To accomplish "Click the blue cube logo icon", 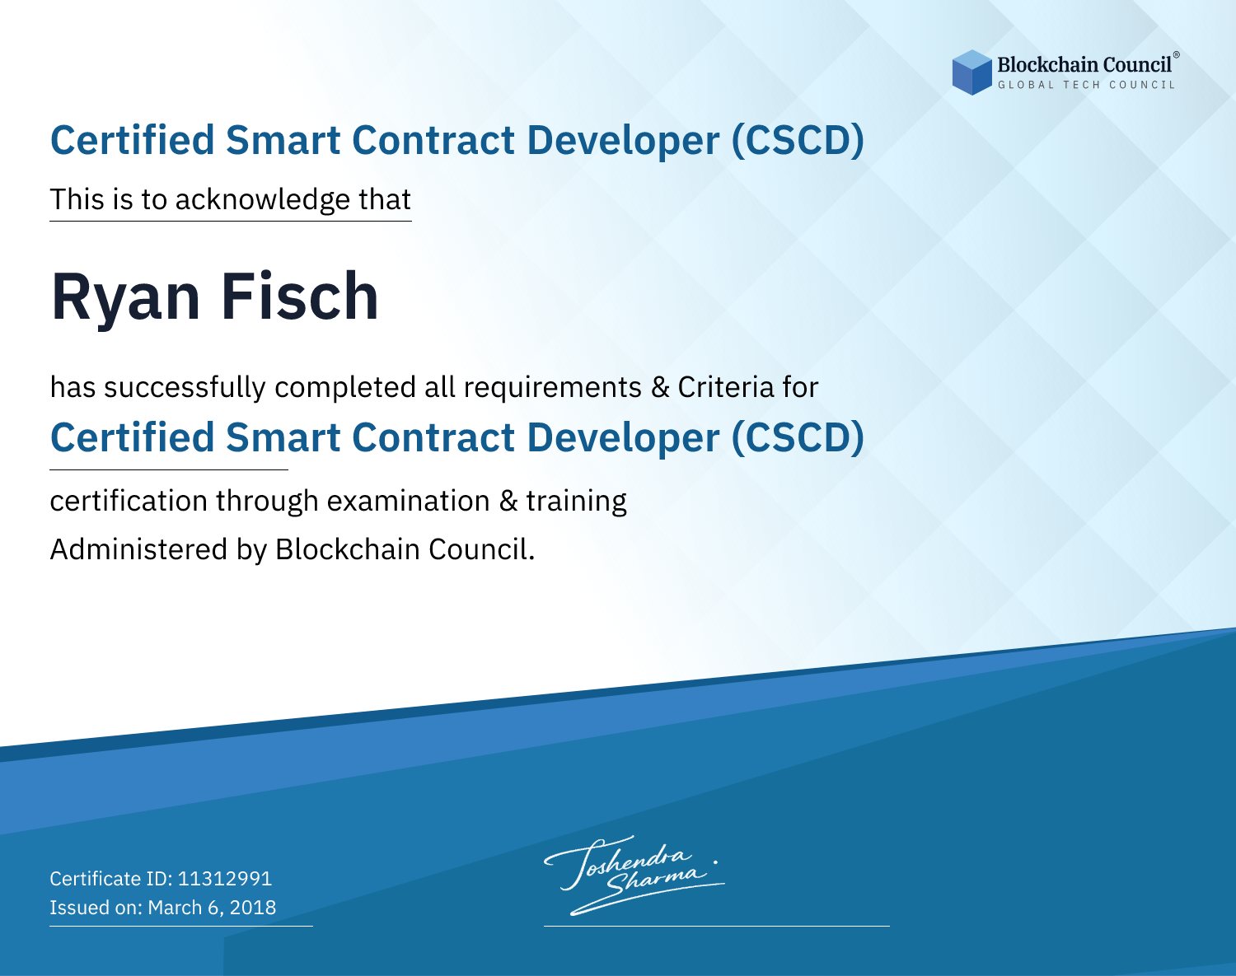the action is click(971, 72).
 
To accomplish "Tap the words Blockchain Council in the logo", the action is click(1084, 65).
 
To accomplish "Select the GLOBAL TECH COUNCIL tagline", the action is click(1086, 85).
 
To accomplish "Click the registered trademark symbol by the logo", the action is click(1176, 55).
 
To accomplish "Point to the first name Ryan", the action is click(125, 298).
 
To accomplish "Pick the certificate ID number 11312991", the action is click(225, 878).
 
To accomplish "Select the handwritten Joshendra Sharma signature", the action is click(633, 876).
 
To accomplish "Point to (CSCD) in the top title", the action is click(798, 140).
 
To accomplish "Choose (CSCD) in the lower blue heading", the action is click(798, 437).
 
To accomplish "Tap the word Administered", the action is click(139, 549).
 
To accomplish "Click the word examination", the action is click(409, 500).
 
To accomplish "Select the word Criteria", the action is click(725, 386).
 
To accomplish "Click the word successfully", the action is click(185, 388).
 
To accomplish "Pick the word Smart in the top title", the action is click(283, 140).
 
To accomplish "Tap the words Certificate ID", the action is click(111, 878).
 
